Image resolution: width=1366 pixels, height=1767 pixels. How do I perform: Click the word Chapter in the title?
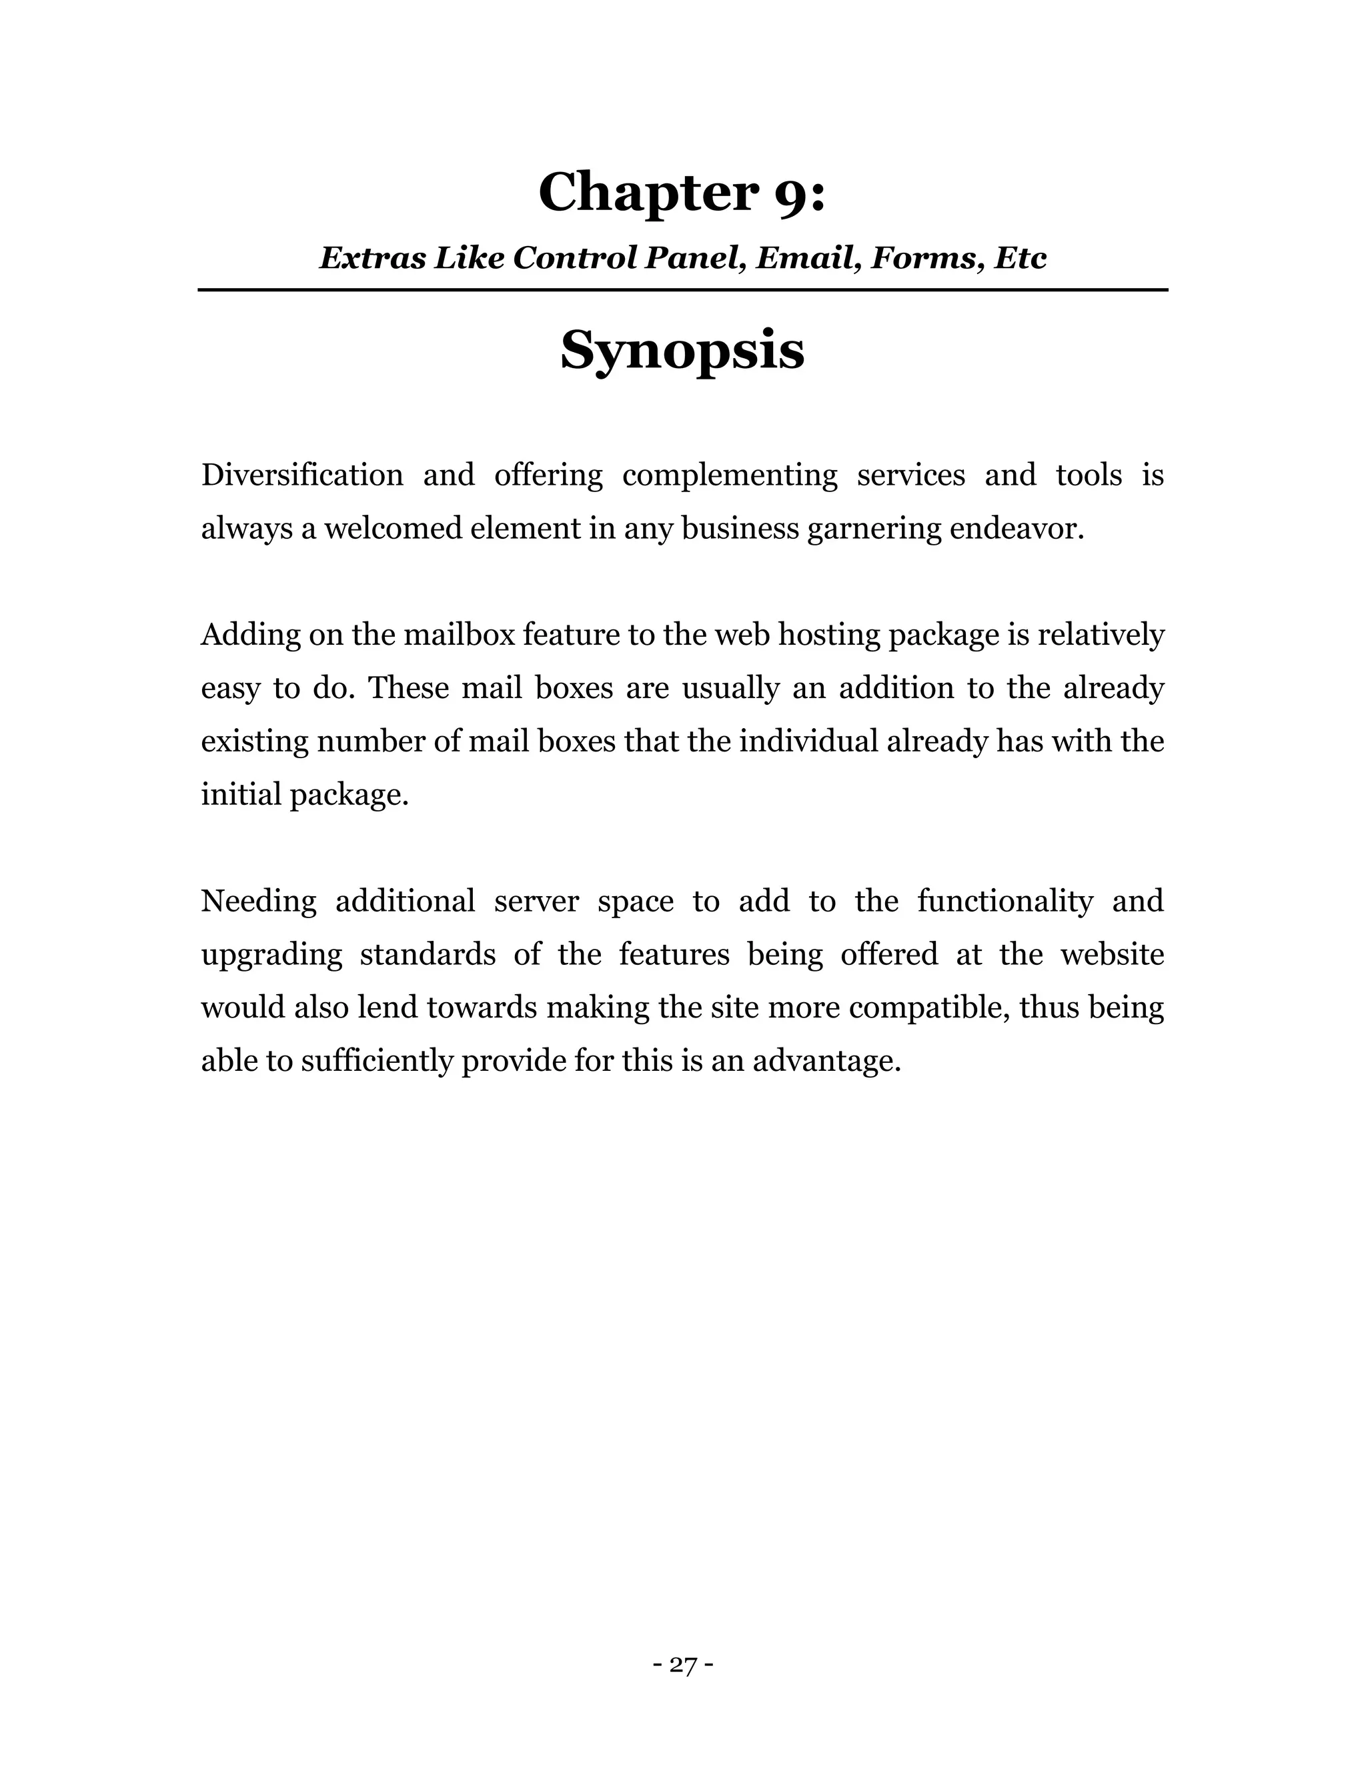648,193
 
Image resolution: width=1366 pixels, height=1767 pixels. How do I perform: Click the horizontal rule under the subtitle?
682,289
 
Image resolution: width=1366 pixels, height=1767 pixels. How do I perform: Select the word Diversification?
302,475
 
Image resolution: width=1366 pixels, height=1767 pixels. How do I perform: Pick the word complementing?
729,475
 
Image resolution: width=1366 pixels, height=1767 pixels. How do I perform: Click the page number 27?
683,1665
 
